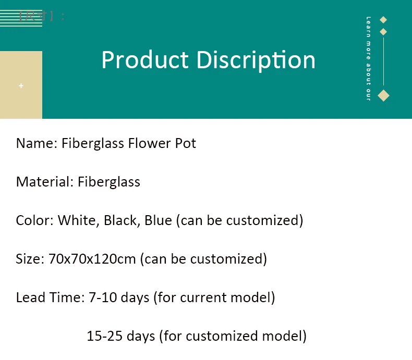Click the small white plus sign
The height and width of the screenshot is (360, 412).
pyautogui.click(x=21, y=85)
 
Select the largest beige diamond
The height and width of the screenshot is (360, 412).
pyautogui.click(x=383, y=95)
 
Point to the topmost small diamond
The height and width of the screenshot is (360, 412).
pyautogui.click(x=383, y=20)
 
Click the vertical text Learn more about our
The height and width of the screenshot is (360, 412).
pyautogui.click(x=368, y=58)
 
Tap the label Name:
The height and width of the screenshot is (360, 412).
pyautogui.click(x=37, y=143)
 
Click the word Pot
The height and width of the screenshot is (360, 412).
pyautogui.click(x=185, y=143)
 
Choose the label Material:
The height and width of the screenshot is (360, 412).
pyautogui.click(x=44, y=182)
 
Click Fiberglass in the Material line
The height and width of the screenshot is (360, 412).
pyautogui.click(x=109, y=182)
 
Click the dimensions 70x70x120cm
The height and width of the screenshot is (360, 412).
pyautogui.click(x=92, y=259)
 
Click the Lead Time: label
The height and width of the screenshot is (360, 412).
pyautogui.click(x=49, y=297)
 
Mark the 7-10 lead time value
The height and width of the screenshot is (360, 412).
pyautogui.click(x=100, y=297)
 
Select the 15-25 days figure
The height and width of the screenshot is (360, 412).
pyautogui.click(x=121, y=336)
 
